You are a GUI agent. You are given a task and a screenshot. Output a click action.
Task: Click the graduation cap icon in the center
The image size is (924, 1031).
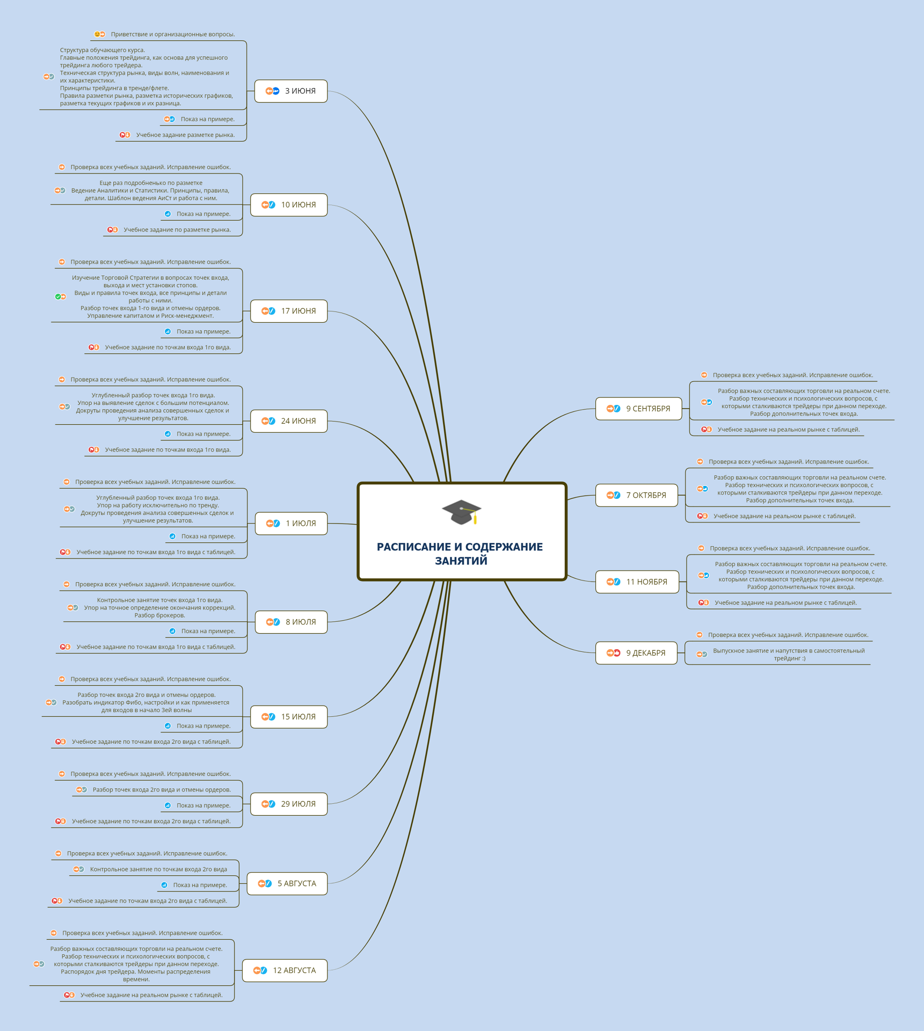(461, 512)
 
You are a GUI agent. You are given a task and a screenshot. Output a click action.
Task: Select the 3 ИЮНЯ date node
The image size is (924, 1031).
(290, 91)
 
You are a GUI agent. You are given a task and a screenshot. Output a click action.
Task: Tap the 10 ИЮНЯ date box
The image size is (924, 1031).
(289, 205)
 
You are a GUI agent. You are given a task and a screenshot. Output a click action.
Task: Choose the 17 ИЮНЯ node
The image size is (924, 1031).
(289, 311)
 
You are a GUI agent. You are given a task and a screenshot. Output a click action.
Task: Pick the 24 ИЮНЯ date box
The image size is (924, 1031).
(289, 421)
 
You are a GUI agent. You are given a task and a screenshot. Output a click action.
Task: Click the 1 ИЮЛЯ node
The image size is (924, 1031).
(291, 524)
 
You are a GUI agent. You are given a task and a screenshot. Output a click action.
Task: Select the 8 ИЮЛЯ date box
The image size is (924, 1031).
(291, 622)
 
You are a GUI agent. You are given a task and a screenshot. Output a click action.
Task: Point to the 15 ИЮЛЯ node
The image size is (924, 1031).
(289, 717)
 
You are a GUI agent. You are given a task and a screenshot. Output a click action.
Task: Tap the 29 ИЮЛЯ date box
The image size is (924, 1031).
(289, 804)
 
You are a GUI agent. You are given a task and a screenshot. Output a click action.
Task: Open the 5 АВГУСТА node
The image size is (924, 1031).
(287, 883)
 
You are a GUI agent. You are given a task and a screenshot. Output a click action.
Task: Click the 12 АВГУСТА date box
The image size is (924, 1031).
(285, 970)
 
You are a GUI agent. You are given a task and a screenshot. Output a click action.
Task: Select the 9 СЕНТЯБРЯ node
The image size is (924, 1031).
(639, 409)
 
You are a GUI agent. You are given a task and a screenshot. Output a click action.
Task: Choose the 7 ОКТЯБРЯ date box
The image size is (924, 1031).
(637, 495)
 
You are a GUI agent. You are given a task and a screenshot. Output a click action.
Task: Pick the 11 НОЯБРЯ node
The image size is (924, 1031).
(637, 582)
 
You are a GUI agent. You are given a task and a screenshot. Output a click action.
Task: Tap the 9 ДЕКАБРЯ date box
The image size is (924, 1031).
(636, 653)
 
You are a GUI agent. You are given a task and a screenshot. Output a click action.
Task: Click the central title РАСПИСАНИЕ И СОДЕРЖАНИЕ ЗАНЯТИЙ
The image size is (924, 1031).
(460, 554)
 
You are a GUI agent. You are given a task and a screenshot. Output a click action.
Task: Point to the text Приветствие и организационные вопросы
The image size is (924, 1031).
(173, 34)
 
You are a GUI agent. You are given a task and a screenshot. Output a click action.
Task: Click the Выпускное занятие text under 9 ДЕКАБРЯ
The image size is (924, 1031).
(789, 655)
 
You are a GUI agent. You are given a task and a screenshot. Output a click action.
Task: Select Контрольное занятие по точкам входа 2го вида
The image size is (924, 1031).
(158, 869)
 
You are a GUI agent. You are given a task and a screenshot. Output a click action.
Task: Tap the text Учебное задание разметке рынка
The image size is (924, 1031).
(185, 135)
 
